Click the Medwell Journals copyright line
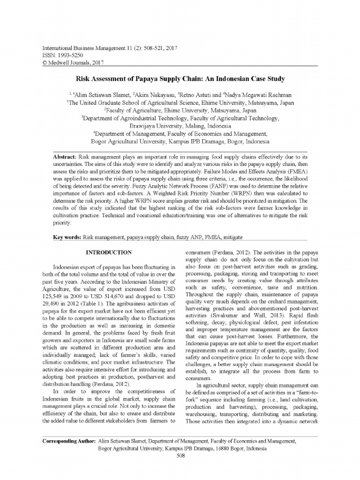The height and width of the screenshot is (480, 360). point(73,62)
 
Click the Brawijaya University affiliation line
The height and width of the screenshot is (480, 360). point(180,127)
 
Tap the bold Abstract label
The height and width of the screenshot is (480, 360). point(65,155)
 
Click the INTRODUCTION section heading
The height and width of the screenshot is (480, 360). point(108,253)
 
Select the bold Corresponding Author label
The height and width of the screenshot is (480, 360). point(69,442)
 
